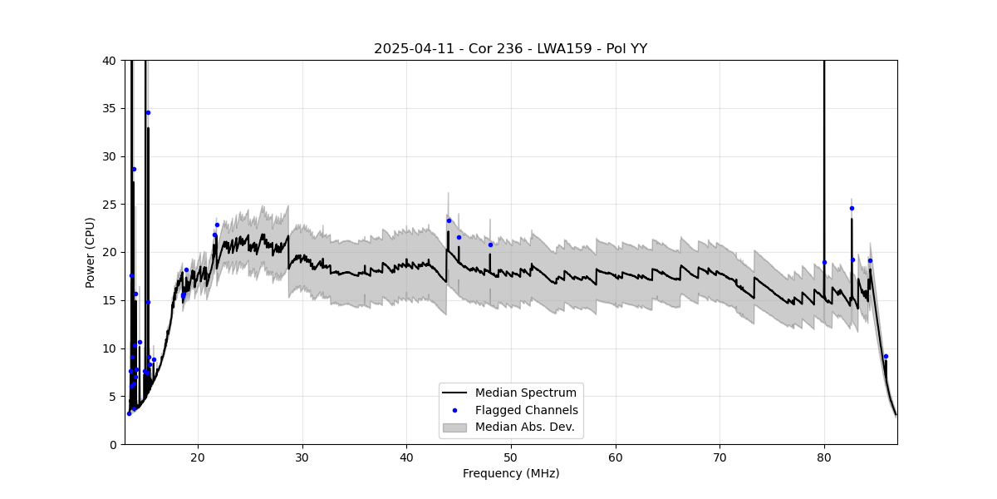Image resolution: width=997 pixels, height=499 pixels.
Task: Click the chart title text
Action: click(x=510, y=48)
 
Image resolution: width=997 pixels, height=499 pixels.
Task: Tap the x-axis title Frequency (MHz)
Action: click(x=510, y=473)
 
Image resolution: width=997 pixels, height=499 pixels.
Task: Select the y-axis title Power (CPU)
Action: click(x=90, y=252)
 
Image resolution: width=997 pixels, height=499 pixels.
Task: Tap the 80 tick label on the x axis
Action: click(x=824, y=457)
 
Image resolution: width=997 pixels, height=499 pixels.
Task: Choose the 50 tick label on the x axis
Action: click(x=511, y=457)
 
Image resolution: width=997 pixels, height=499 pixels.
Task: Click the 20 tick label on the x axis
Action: click(x=198, y=457)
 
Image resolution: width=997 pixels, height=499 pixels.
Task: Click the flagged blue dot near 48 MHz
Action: click(x=490, y=245)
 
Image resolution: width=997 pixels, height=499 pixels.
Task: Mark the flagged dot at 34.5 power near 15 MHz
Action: click(x=148, y=112)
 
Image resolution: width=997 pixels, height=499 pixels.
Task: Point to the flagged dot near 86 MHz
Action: click(x=886, y=356)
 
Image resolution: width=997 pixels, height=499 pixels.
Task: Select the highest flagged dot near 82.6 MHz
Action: click(x=852, y=208)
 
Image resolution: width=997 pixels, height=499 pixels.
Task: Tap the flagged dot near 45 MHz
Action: click(x=459, y=237)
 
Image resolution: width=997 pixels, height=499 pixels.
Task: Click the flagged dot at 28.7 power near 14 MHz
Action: click(x=134, y=169)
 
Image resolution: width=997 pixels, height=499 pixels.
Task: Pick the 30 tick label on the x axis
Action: click(x=302, y=457)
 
